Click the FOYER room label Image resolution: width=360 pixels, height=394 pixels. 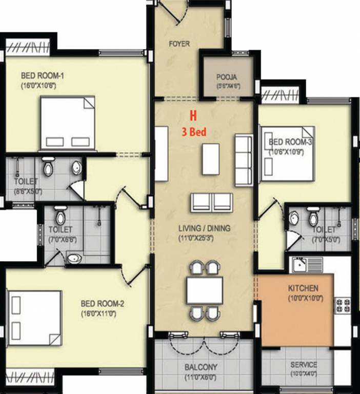(179, 44)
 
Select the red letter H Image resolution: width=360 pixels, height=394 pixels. (193, 116)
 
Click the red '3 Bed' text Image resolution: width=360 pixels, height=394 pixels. (194, 132)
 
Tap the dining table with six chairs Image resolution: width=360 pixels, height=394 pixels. (205, 291)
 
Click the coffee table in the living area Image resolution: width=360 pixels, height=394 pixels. (210, 159)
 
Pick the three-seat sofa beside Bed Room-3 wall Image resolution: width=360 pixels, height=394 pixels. (243, 160)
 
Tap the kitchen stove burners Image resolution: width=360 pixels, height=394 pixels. (343, 305)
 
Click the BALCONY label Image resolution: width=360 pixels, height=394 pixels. (201, 367)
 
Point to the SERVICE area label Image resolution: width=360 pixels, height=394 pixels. (304, 365)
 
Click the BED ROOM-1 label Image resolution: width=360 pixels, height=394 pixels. (38, 76)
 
